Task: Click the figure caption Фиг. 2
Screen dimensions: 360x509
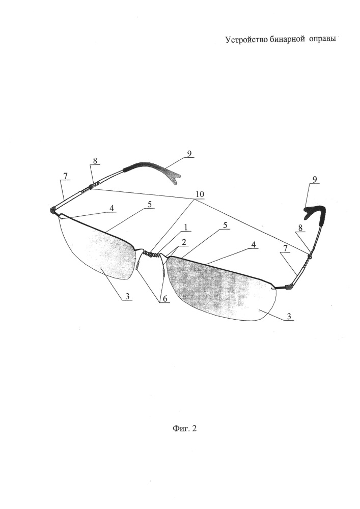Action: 184,429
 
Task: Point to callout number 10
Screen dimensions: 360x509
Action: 199,194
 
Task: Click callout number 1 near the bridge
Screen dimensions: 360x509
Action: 186,227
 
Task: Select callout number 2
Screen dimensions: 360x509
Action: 183,241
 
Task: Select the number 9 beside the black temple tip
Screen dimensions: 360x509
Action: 315,179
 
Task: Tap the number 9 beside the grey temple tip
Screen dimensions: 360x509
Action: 189,154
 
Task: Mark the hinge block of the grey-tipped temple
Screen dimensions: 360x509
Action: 52,210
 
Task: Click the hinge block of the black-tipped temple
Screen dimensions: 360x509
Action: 289,287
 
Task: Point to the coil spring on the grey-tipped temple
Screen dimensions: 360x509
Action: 91,187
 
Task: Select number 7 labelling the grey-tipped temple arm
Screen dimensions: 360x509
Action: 65,176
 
